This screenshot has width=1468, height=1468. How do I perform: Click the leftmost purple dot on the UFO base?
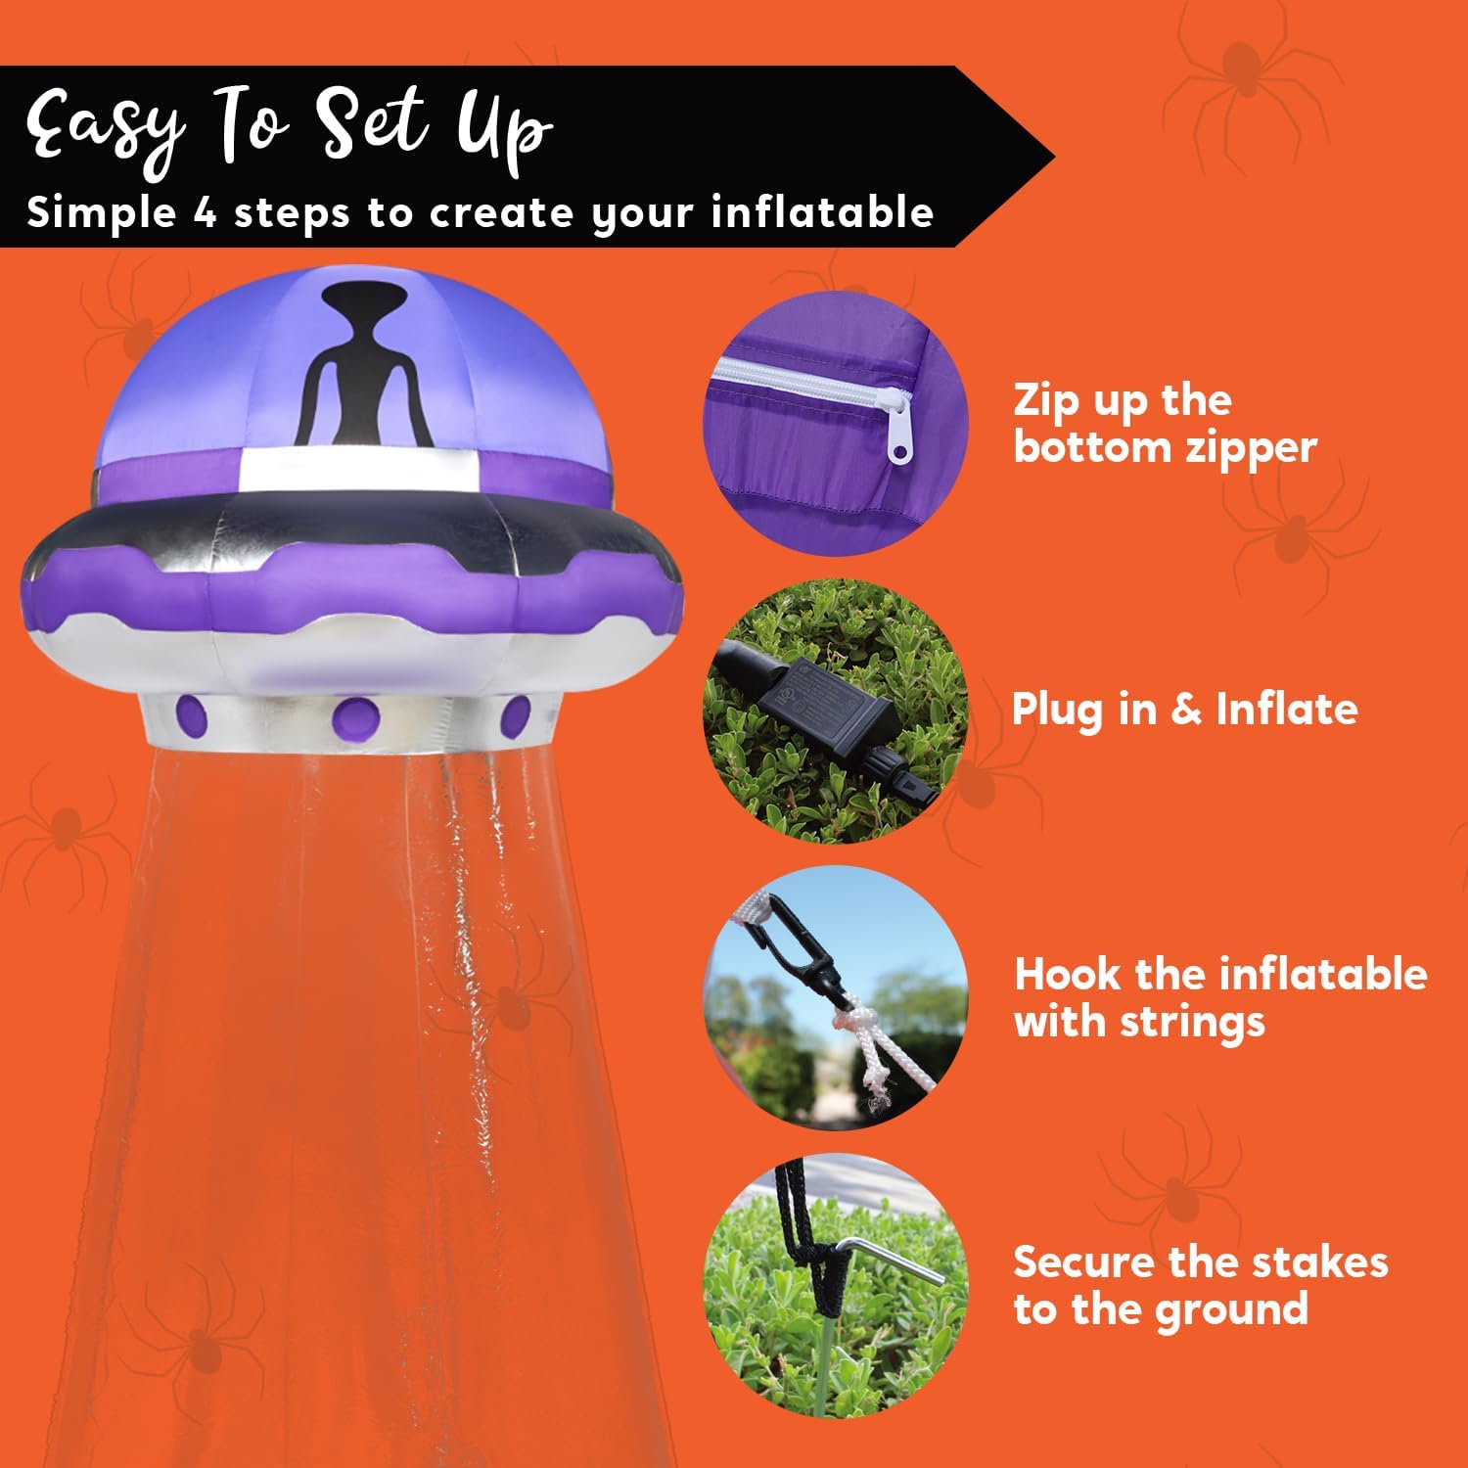click(x=193, y=714)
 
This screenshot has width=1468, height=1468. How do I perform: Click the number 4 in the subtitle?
click(x=205, y=212)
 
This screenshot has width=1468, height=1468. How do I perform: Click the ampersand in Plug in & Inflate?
click(x=1185, y=709)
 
